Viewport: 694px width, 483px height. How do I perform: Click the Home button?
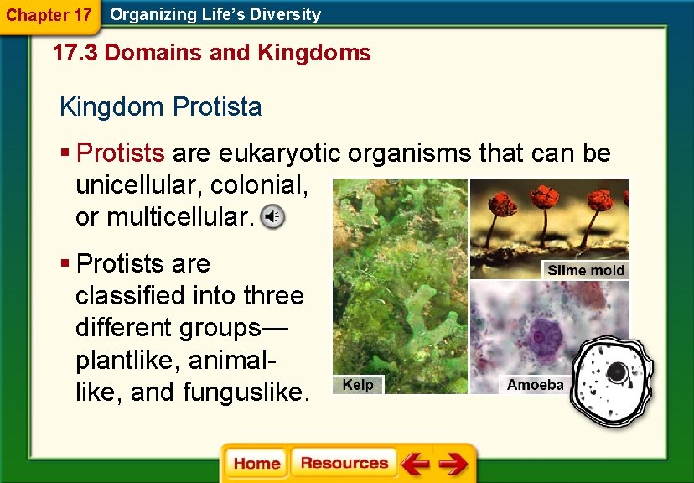256,464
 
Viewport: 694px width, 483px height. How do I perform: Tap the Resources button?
344,464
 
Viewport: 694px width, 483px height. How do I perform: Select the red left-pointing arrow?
415,464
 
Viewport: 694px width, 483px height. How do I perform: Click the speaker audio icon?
272,217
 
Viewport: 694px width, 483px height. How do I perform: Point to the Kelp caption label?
358,385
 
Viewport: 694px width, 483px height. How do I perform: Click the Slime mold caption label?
585,270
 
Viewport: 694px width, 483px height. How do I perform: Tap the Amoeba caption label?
535,385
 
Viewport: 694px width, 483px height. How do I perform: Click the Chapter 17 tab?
49,15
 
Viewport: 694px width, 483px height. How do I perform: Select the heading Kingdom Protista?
160,107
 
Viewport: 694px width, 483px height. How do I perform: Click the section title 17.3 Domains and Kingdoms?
211,54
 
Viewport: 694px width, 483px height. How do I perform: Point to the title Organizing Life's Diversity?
215,14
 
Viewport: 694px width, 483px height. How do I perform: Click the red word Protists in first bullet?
120,153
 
